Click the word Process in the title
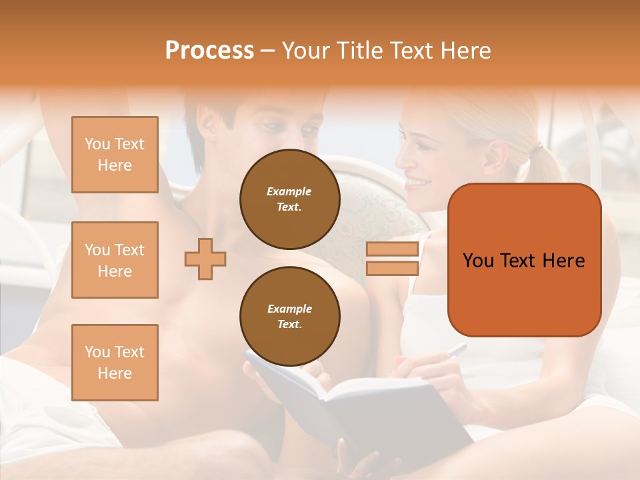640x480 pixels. tap(209, 51)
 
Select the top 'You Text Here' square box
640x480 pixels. tap(115, 155)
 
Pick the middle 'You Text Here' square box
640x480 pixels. tap(115, 260)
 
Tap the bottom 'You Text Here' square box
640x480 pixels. tap(115, 363)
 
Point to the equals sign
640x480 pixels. tap(393, 259)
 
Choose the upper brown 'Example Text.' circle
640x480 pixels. tap(289, 199)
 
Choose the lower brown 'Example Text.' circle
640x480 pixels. tap(289, 317)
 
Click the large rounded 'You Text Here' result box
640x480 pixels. tap(524, 260)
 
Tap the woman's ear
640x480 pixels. tap(494, 157)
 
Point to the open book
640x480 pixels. tap(360, 407)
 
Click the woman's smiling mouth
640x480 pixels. tap(417, 181)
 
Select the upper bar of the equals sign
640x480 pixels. tap(393, 249)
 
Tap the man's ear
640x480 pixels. tap(209, 123)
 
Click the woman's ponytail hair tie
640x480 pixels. tap(533, 153)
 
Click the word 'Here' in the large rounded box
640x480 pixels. tap(563, 261)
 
